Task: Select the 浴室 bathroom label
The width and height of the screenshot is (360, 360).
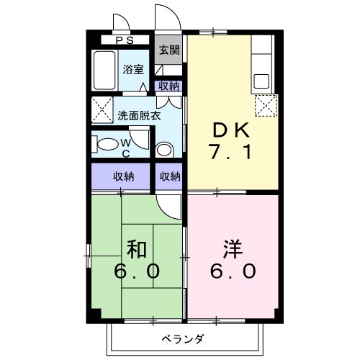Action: click(x=132, y=70)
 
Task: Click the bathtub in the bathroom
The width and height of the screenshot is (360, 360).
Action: click(x=104, y=70)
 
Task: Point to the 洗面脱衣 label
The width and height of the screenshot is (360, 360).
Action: click(x=139, y=114)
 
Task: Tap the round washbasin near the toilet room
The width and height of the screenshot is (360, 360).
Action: click(x=164, y=150)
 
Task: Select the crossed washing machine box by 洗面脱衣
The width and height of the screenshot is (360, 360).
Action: click(x=99, y=109)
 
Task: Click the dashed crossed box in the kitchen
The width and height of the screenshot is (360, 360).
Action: click(x=266, y=107)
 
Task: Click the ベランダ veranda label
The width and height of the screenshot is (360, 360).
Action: click(x=181, y=338)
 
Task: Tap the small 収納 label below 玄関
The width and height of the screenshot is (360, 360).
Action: click(x=170, y=86)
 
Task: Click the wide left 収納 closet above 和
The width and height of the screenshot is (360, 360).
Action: click(x=122, y=176)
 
